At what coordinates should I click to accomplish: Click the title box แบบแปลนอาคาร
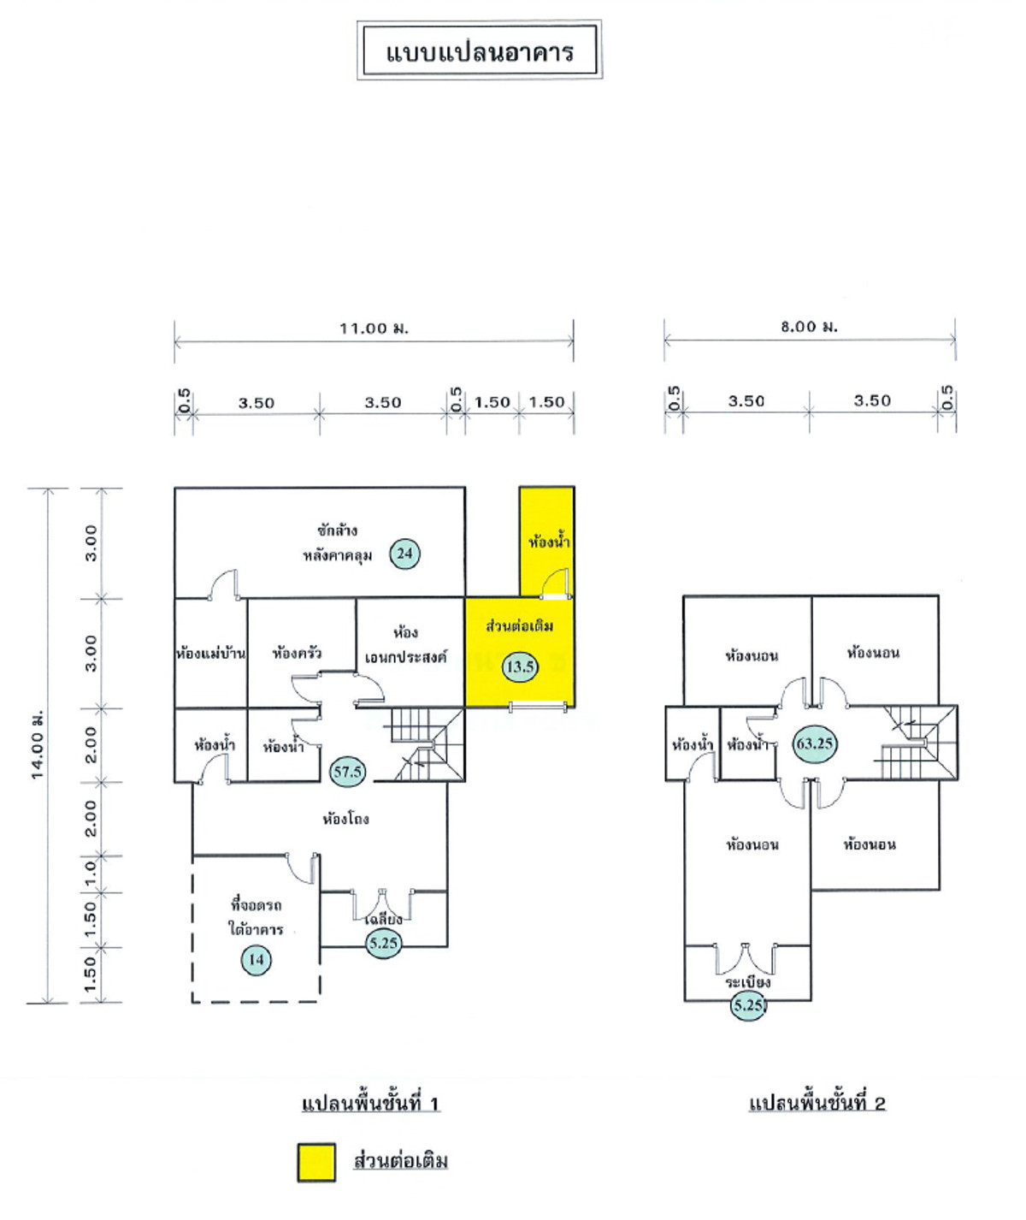click(x=479, y=51)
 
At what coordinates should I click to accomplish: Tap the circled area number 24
click(x=404, y=554)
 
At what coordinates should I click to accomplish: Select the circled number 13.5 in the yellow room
click(x=520, y=666)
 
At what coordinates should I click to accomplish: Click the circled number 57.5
click(x=347, y=772)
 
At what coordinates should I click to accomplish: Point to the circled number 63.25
click(x=814, y=743)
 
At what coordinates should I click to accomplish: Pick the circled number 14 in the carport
click(x=256, y=959)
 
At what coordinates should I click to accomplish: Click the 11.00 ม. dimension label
click(x=374, y=329)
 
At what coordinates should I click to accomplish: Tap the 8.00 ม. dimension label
click(x=809, y=327)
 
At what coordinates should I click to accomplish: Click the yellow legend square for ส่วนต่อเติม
click(x=316, y=1162)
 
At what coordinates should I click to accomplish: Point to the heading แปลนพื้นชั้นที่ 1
click(x=370, y=1104)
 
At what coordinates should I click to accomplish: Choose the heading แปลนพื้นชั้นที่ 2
click(x=817, y=1104)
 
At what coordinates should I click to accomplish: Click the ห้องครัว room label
click(x=297, y=654)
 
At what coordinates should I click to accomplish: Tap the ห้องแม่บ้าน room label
click(x=210, y=654)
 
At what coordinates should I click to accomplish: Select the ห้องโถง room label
click(x=345, y=820)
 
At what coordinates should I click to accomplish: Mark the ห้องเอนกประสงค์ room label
click(x=405, y=646)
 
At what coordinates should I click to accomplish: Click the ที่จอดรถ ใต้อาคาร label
click(x=256, y=916)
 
